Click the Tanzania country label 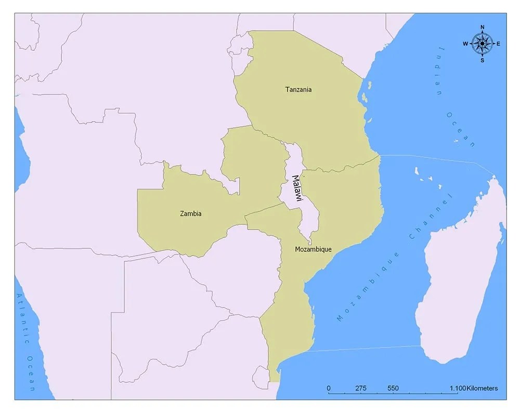(298, 89)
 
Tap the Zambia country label (190, 213)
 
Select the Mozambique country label (313, 249)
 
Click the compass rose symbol (482, 44)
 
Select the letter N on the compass (482, 28)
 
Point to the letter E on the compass (498, 44)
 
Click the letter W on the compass (465, 44)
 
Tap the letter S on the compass (482, 60)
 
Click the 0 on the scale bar (328, 389)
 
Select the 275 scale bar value (361, 389)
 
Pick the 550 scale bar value (393, 389)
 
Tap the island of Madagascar (463, 270)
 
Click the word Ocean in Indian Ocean (461, 128)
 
